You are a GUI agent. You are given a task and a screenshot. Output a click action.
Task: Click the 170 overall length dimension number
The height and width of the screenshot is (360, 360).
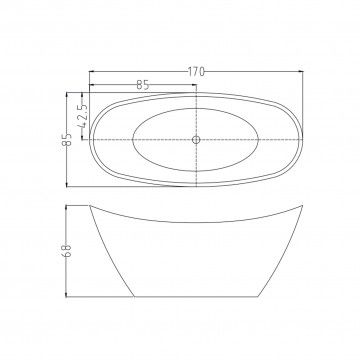click(x=196, y=71)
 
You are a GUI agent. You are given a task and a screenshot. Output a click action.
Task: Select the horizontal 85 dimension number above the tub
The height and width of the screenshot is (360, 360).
click(x=143, y=85)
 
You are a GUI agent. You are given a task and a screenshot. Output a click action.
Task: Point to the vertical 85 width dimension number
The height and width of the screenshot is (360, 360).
click(x=68, y=139)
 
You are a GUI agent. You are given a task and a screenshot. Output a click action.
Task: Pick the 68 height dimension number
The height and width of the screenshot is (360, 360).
click(x=67, y=250)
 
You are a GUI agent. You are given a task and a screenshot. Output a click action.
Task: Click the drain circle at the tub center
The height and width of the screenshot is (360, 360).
click(x=196, y=140)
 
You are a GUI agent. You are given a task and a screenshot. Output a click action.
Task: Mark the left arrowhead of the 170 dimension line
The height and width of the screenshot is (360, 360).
click(x=92, y=71)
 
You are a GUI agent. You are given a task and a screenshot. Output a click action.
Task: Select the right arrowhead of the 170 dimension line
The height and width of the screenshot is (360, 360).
click(x=300, y=71)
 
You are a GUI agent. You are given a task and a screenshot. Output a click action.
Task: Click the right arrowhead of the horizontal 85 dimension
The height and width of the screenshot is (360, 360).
click(x=194, y=85)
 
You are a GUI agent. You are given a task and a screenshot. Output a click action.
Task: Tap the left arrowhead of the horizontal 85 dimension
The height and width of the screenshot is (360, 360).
click(x=92, y=85)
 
